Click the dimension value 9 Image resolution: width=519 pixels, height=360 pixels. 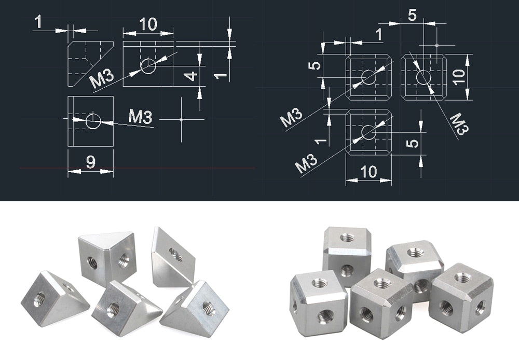[x=91, y=162]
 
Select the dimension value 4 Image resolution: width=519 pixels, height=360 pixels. [x=191, y=76]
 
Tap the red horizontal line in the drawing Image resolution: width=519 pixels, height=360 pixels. [x=138, y=168]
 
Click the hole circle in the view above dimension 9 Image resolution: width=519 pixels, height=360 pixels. [x=93, y=121]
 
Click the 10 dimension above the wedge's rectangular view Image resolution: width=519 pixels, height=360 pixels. [x=148, y=24]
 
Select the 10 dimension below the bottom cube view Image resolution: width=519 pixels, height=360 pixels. [x=368, y=172]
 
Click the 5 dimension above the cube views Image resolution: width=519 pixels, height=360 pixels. [x=412, y=15]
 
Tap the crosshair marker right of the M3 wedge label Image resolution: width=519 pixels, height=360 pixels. [x=181, y=119]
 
